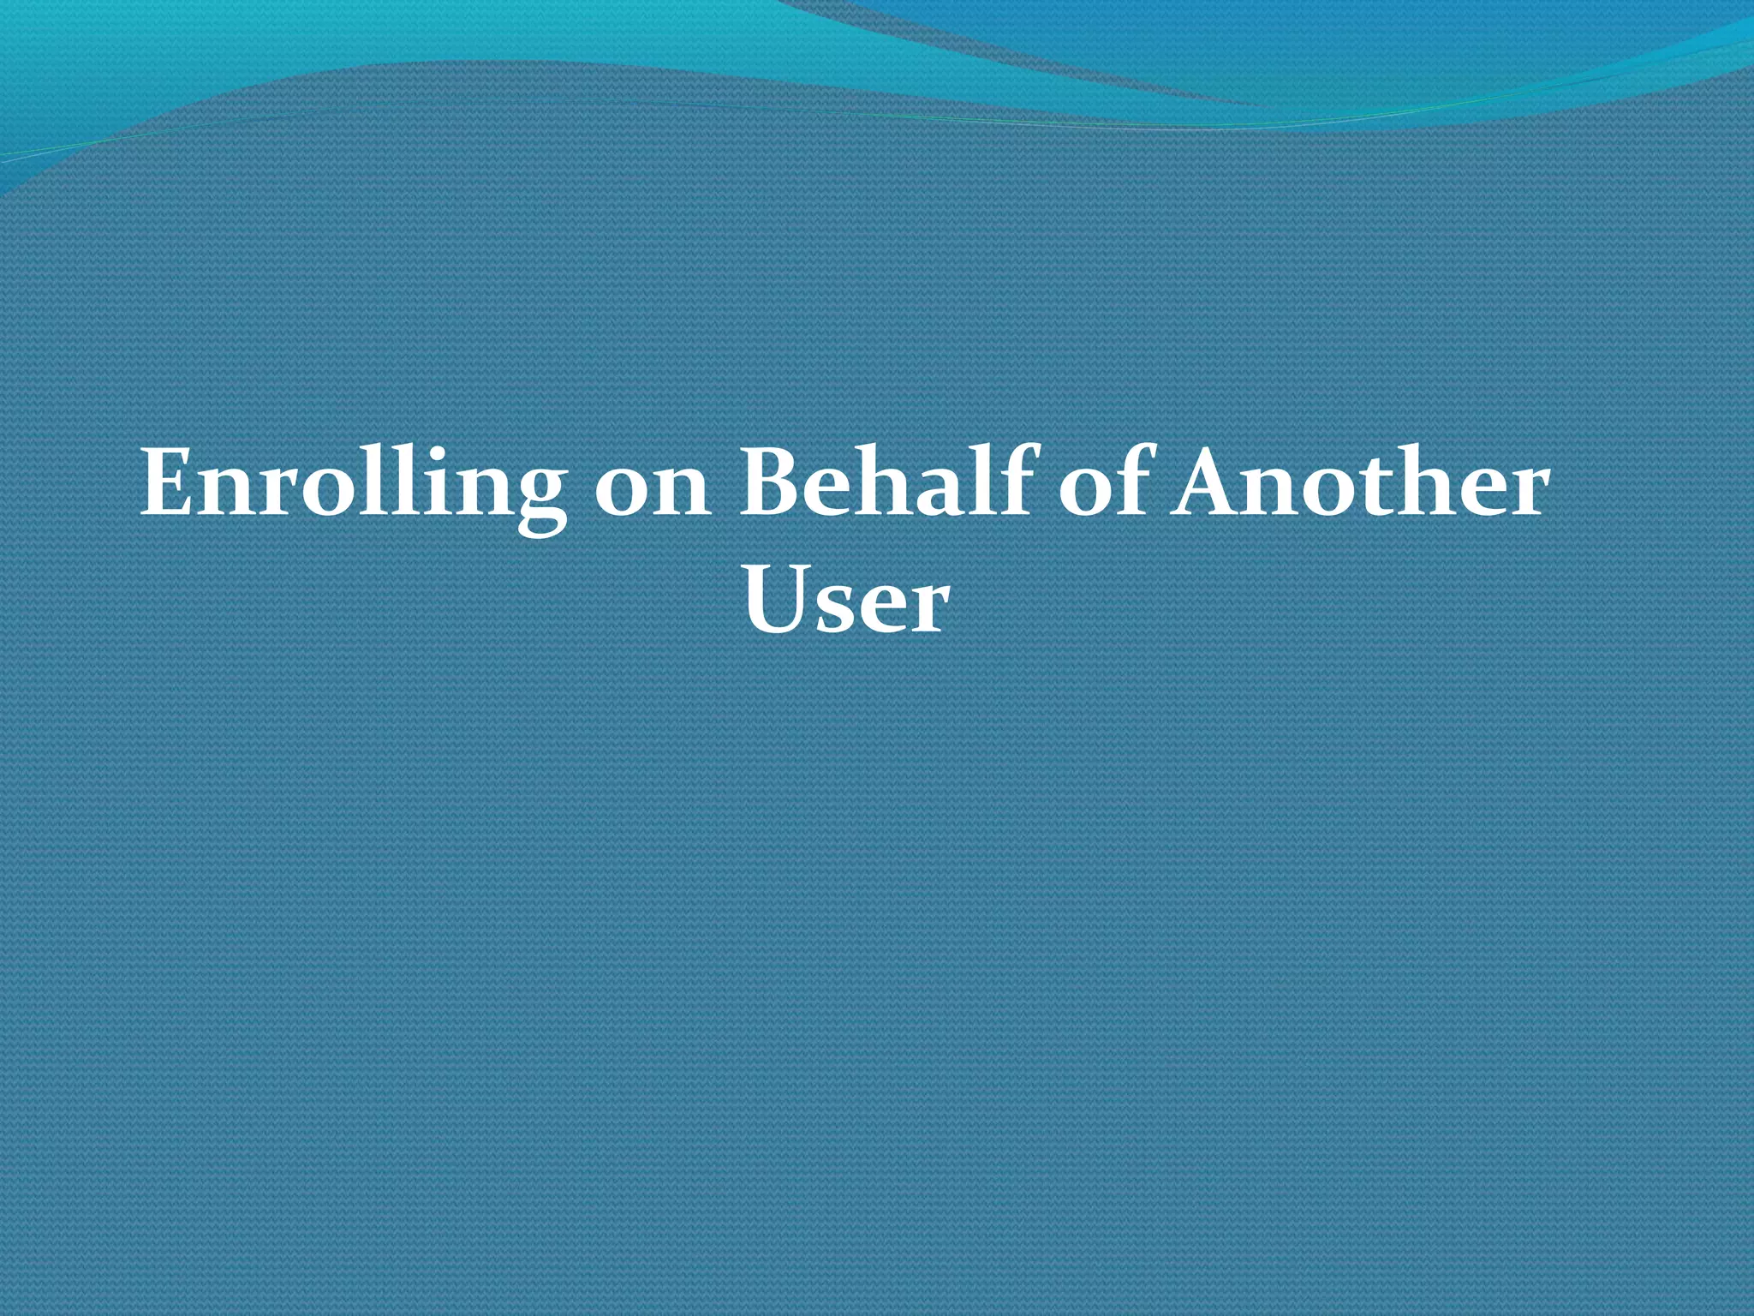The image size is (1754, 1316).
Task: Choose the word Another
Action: [x=1361, y=484]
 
